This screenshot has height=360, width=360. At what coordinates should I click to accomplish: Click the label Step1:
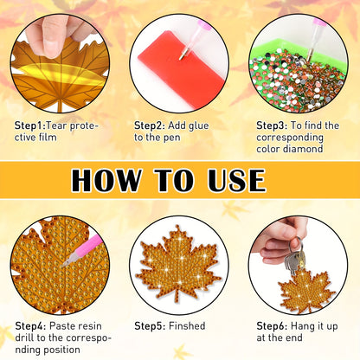[x=30, y=125]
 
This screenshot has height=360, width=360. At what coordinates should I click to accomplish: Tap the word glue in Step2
[x=198, y=125]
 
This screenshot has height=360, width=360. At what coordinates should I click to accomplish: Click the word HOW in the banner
[x=106, y=180]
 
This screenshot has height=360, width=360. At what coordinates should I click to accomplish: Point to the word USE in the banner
[x=236, y=180]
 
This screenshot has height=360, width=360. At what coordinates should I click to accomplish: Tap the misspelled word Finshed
[x=187, y=326]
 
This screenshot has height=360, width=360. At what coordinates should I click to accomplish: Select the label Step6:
[x=272, y=326]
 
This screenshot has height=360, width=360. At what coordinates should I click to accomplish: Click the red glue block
[x=181, y=70]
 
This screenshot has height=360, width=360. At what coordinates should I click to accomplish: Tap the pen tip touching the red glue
[x=181, y=57]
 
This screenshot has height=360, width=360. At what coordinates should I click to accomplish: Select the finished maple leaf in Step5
[x=179, y=265]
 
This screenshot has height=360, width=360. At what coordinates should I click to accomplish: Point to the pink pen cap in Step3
[x=319, y=22]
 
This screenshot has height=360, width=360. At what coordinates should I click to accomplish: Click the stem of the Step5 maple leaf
[x=177, y=296]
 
